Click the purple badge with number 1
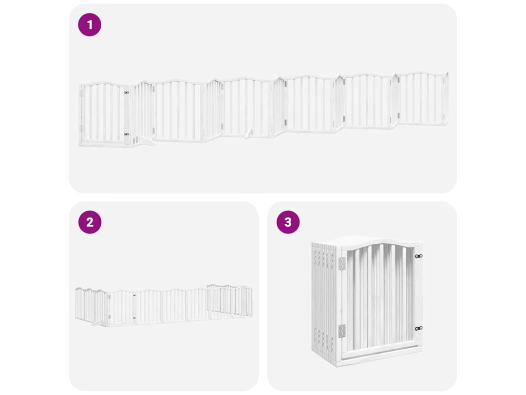click(x=89, y=25)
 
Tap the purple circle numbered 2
click(x=90, y=222)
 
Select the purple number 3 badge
click(x=288, y=222)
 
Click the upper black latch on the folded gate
click(x=418, y=256)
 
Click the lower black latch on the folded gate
click(x=418, y=329)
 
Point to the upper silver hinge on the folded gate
click(x=342, y=264)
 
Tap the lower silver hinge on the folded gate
click(x=342, y=331)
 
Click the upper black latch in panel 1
click(x=126, y=93)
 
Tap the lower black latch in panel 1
click(x=126, y=134)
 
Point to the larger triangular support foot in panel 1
click(x=146, y=141)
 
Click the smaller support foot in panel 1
click(x=248, y=134)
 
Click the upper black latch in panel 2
click(x=134, y=296)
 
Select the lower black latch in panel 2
click(x=134, y=318)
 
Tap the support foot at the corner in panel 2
click(x=96, y=324)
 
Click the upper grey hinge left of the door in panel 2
click(x=109, y=297)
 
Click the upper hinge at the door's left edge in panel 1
click(x=81, y=94)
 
